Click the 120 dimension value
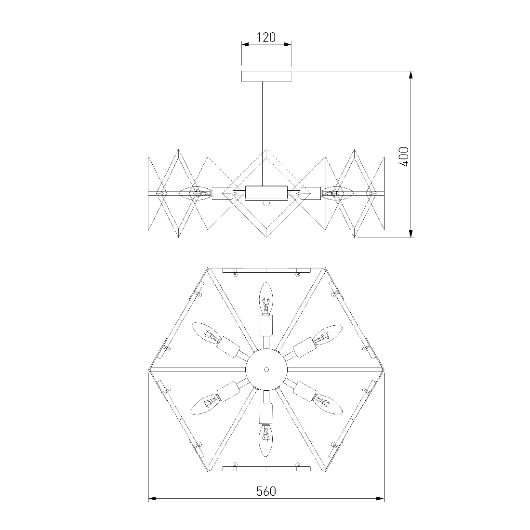tap(266, 38)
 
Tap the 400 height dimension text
tap(404, 157)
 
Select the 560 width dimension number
tap(266, 491)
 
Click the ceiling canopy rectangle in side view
tap(266, 76)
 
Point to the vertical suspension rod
tap(263, 133)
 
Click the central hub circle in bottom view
tap(266, 370)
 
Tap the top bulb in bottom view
tap(266, 298)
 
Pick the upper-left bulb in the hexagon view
tap(206, 333)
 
